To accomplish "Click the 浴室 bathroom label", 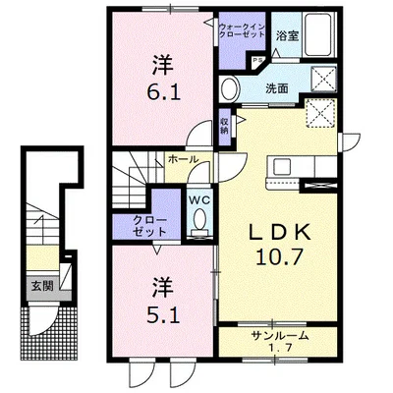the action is coord(287,35).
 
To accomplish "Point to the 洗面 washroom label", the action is coord(277,88).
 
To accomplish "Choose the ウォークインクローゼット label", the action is coord(242,30).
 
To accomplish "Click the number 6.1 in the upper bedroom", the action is coord(163,93).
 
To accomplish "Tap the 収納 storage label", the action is coord(224,126).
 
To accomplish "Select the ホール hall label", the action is coord(183,159).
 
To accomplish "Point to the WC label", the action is coord(199,200).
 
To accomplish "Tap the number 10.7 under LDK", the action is coord(279,256).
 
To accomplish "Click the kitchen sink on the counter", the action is coord(282,166).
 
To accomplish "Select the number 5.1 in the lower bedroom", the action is coord(163,316).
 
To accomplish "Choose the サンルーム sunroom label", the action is coord(280,336).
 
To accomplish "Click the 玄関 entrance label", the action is coord(42,287).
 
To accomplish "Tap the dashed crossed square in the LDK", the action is coord(320,112).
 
